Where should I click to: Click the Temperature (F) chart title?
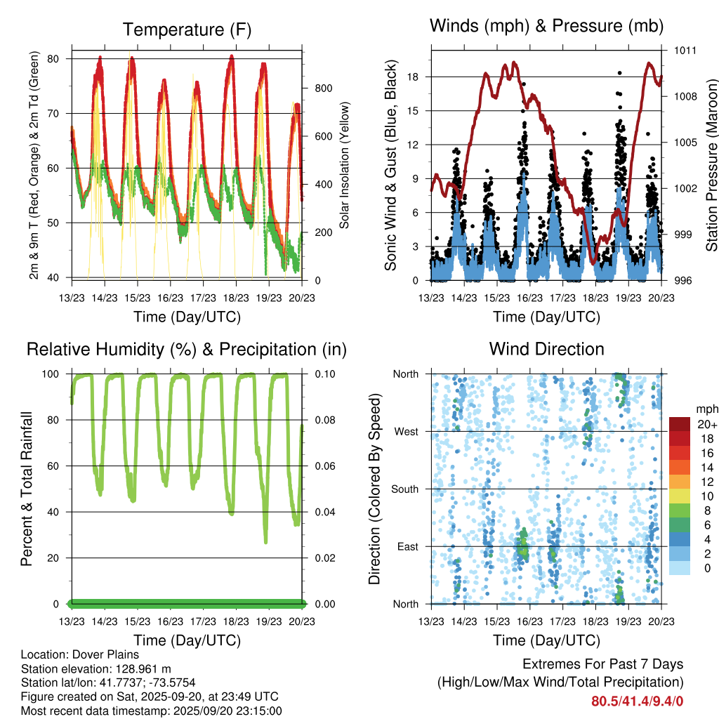point(187,29)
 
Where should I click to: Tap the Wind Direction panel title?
point(546,349)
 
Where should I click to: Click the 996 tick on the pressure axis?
point(685,281)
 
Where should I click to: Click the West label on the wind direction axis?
point(406,431)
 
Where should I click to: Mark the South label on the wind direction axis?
point(404,489)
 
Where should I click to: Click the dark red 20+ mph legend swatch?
point(680,424)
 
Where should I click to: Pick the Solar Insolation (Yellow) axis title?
point(345,165)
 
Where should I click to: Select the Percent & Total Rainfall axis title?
point(27,489)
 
